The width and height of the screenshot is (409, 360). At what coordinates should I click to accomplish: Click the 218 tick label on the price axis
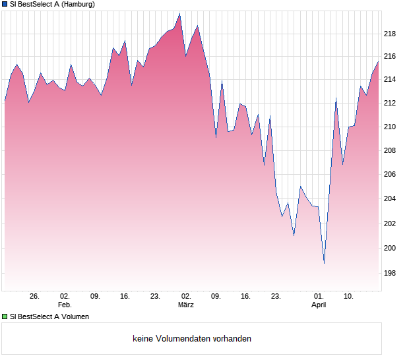(x=391, y=34)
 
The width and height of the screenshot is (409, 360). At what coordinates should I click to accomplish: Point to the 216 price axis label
(x=391, y=57)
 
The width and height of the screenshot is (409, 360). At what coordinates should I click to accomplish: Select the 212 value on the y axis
(x=391, y=103)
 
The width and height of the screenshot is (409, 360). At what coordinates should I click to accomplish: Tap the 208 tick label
(x=391, y=150)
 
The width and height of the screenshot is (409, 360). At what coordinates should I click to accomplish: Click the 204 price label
(x=391, y=198)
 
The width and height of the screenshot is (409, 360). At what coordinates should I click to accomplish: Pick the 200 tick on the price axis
(x=391, y=248)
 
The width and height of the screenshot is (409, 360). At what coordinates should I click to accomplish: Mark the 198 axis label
(x=391, y=273)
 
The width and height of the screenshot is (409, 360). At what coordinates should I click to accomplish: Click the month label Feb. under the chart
(x=65, y=305)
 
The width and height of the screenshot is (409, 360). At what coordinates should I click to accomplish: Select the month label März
(x=186, y=305)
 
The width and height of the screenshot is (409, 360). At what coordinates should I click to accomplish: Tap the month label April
(x=319, y=305)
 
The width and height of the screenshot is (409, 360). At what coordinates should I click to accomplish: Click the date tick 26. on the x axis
(x=35, y=297)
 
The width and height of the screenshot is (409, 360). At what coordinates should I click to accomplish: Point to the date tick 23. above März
(x=155, y=297)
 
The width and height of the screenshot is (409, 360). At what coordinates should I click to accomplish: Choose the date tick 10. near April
(x=349, y=297)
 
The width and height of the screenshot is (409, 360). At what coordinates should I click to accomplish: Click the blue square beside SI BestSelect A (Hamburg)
(x=5, y=4)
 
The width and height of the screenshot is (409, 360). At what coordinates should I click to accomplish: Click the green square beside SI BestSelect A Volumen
(x=5, y=316)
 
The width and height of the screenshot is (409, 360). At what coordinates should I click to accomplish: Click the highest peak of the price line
(x=179, y=14)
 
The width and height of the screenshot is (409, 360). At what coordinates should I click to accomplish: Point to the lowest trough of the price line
(x=324, y=262)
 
